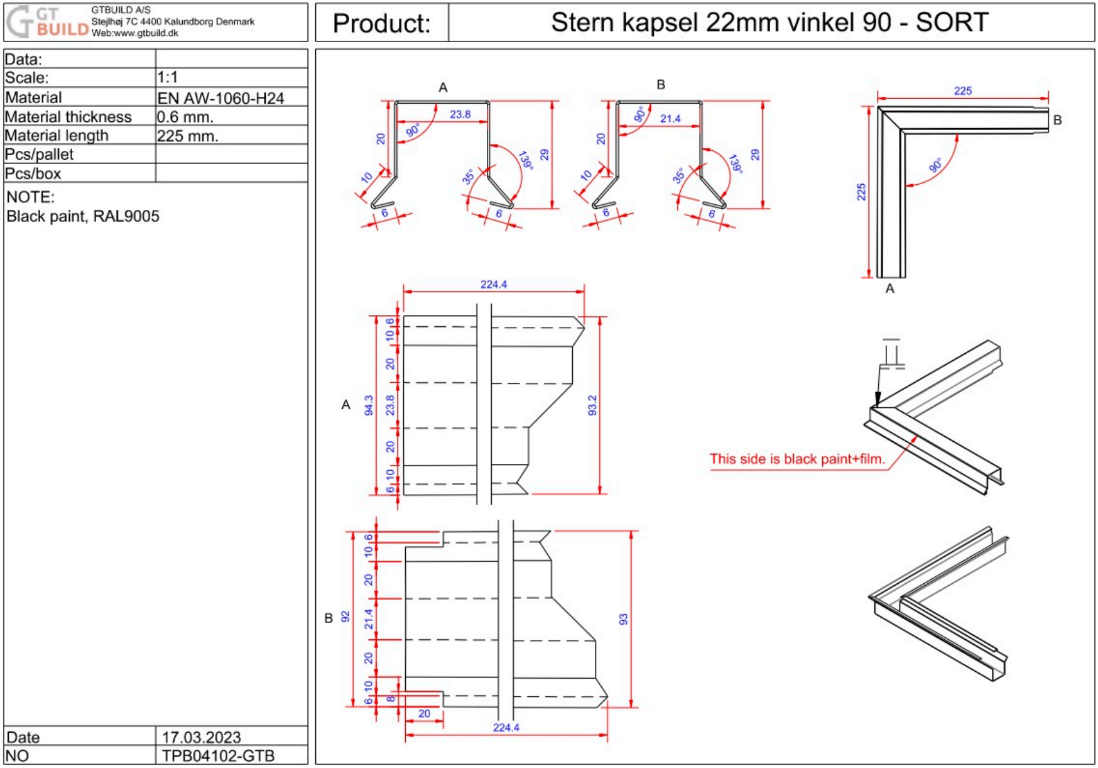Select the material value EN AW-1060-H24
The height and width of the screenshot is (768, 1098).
click(220, 98)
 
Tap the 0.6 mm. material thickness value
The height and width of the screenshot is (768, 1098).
click(185, 117)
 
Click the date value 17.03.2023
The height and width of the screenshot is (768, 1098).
click(201, 737)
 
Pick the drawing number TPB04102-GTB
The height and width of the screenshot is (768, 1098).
click(218, 755)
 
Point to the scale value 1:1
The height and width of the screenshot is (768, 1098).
click(167, 77)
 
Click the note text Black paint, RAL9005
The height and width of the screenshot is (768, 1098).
click(83, 216)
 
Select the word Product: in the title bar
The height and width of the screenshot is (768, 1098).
click(381, 23)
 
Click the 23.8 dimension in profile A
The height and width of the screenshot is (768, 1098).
click(460, 114)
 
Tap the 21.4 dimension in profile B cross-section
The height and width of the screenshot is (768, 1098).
click(670, 119)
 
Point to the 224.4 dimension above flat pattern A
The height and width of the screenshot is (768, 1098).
click(493, 285)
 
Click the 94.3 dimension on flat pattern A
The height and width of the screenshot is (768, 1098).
click(369, 405)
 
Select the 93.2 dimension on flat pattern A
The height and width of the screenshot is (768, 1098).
click(592, 406)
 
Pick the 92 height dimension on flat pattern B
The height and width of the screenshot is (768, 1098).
click(345, 617)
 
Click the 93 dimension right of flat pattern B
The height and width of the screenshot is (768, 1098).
click(623, 619)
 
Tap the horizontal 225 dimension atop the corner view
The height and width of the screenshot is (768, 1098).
click(962, 91)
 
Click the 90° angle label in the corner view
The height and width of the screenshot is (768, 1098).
click(935, 166)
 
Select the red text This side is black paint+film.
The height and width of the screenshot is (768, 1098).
click(797, 459)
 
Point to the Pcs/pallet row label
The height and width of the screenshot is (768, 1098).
click(39, 155)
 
